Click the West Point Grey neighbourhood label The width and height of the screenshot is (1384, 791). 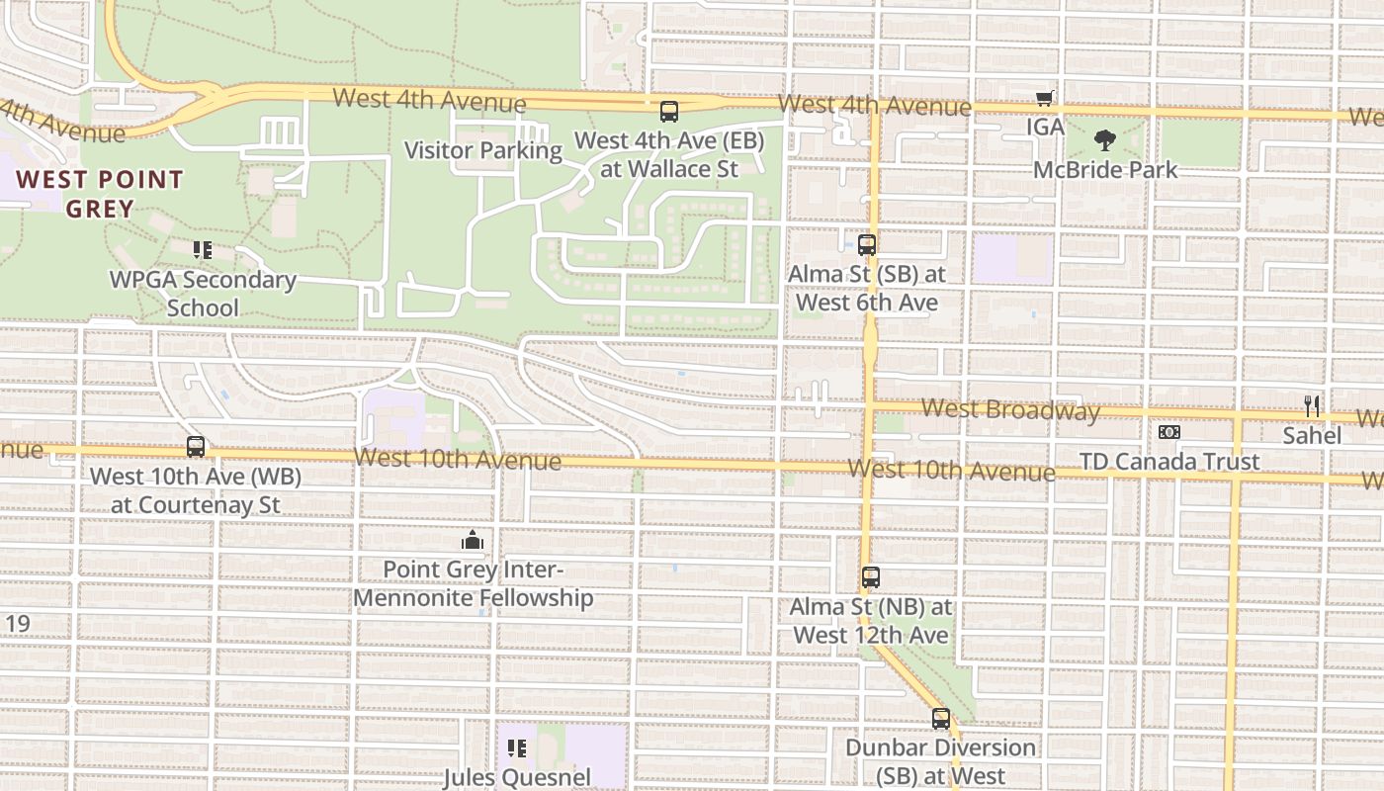pos(100,194)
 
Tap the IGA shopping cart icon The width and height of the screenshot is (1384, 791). pos(1045,98)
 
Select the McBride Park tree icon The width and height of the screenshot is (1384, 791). pos(1104,141)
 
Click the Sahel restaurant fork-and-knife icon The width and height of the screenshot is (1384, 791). pos(1312,406)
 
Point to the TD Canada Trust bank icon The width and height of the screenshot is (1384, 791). pos(1169,432)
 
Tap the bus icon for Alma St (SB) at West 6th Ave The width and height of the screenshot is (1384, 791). pos(867,244)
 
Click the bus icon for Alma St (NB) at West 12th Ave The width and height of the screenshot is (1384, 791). pos(870,577)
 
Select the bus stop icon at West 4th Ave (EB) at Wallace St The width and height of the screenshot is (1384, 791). pos(669,111)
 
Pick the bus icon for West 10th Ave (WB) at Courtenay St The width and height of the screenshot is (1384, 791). pos(196,447)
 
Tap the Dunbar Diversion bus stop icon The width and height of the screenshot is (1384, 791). pos(941,719)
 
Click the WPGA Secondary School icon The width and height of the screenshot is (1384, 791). pos(203,250)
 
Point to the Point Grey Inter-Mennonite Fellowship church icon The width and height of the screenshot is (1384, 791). pos(473,540)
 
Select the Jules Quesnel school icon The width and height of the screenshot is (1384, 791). pos(516,748)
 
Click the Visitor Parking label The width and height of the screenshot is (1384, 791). pos(483,150)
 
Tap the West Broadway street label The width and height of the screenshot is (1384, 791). pos(1009,409)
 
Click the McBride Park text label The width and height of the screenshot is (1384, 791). pos(1105,170)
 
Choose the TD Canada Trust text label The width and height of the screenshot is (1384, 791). pos(1169,462)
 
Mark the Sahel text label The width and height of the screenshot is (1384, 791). pos(1312,435)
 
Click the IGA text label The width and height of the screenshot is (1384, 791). pos(1045,127)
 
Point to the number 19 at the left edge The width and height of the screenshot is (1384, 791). pos(18,624)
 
